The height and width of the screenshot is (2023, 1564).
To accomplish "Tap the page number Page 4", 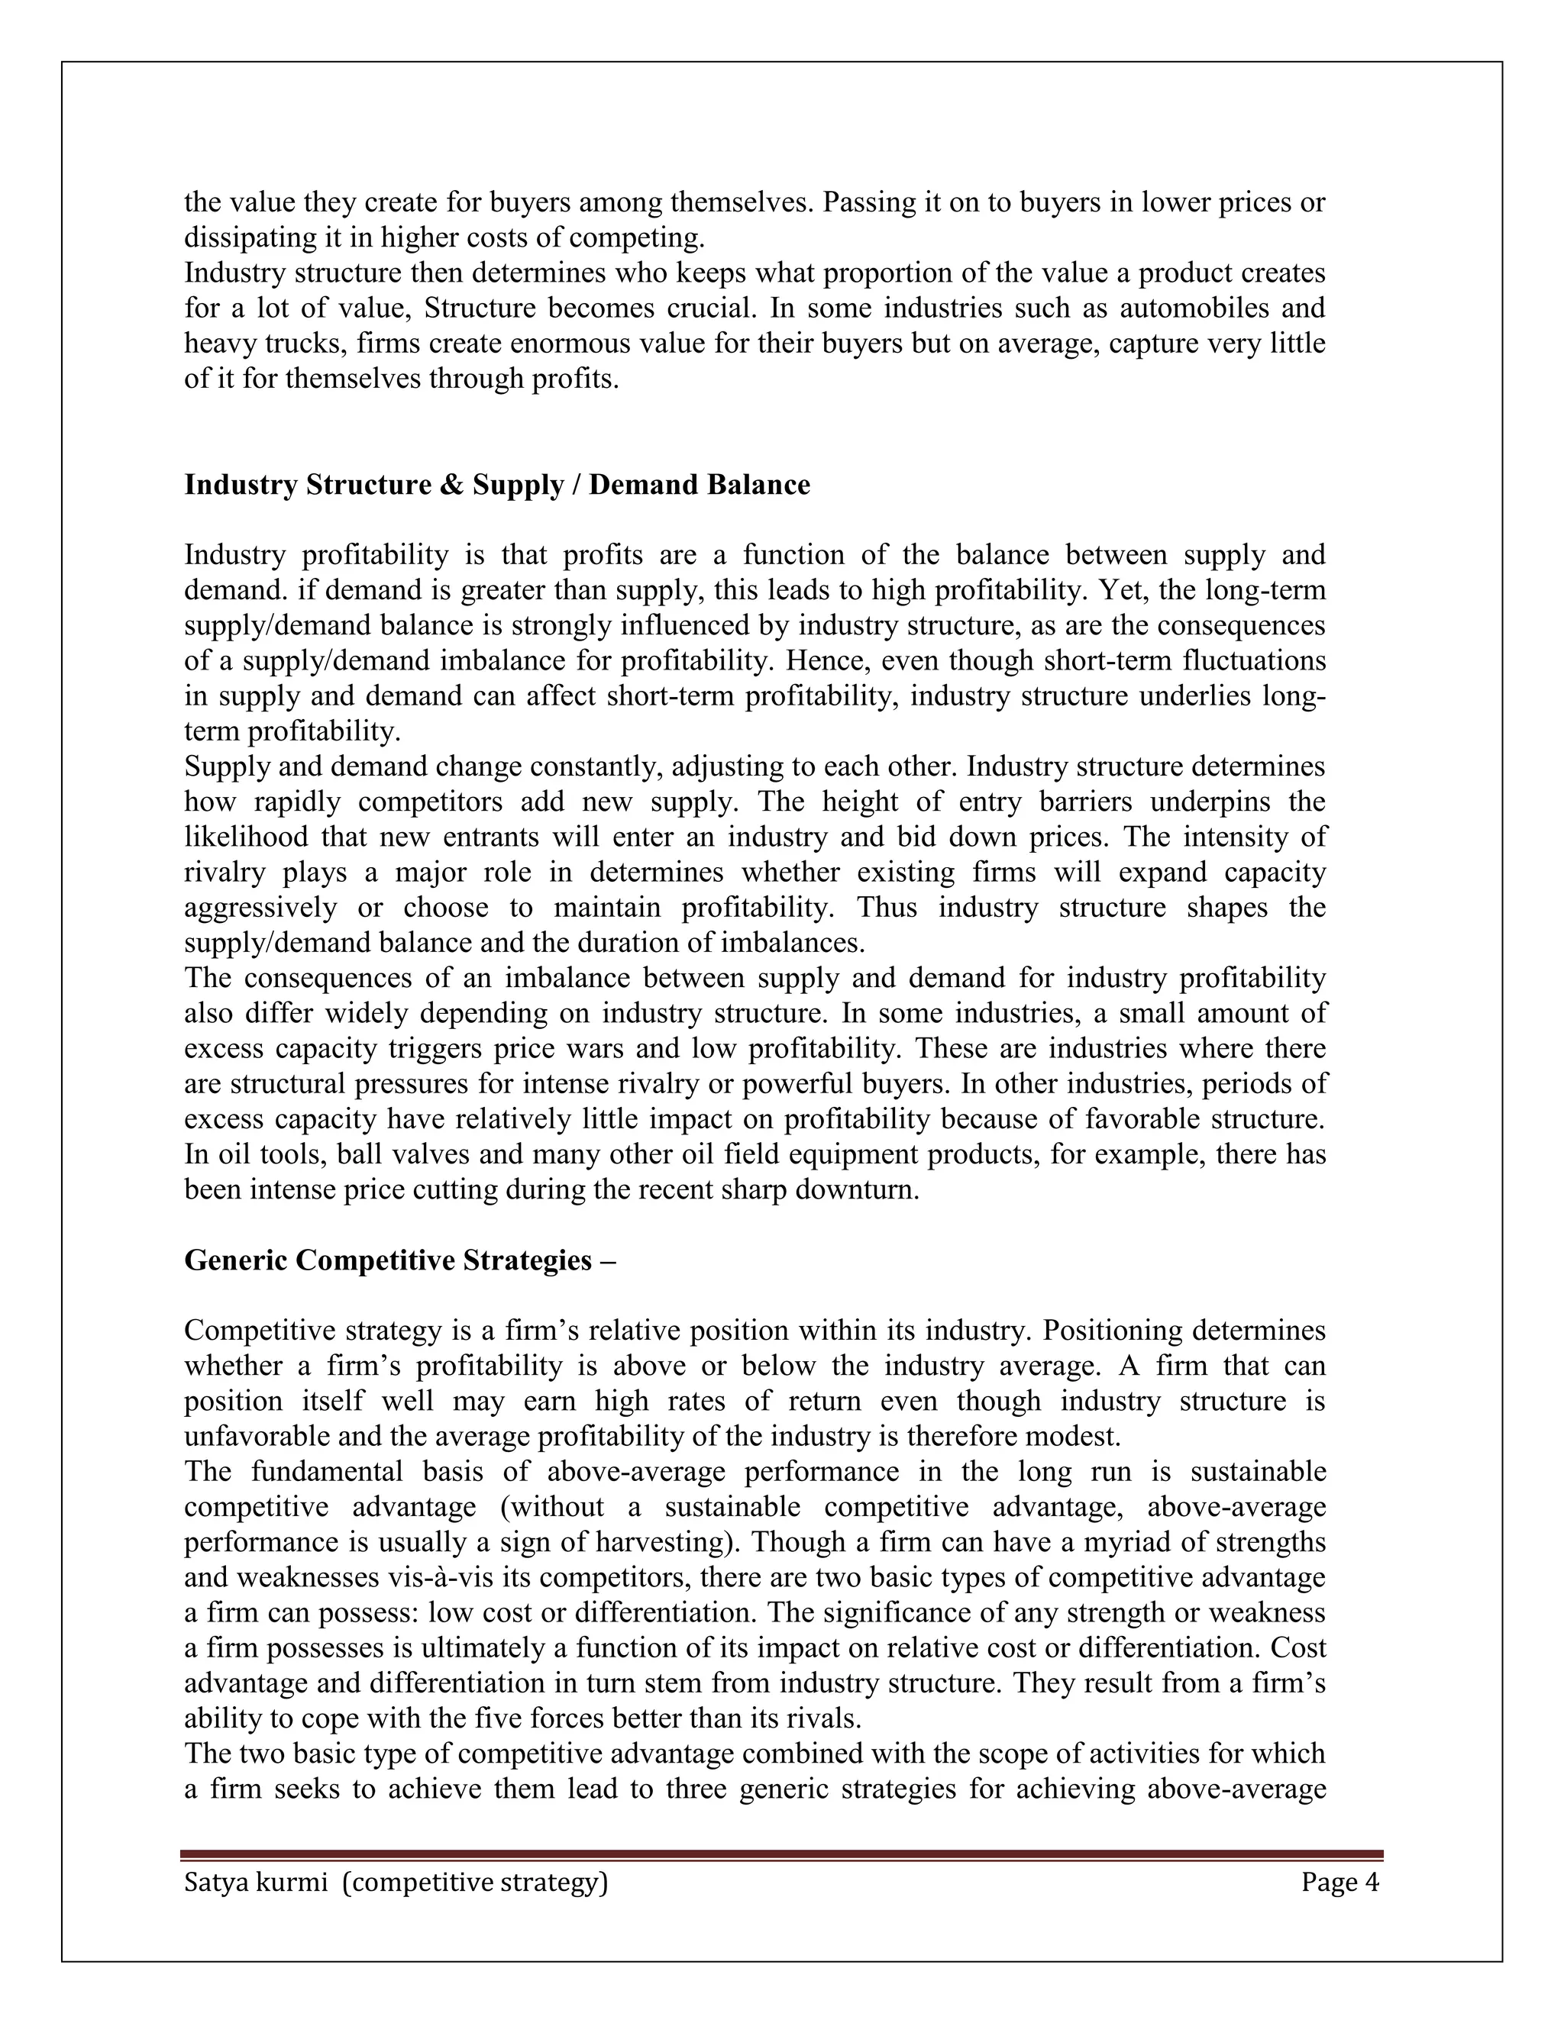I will (1339, 1883).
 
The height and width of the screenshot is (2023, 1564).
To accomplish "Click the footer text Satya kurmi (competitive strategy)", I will (396, 1883).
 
